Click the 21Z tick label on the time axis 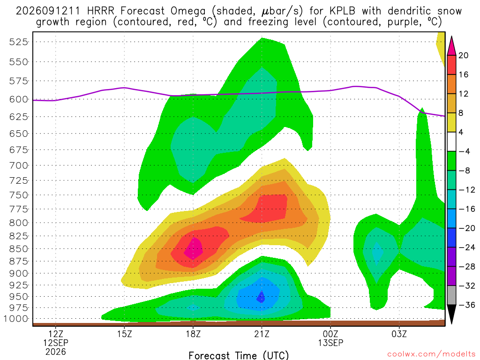click(x=262, y=334)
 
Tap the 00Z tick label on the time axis click(x=330, y=334)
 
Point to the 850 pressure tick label click(x=18, y=249)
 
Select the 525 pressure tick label click(x=18, y=42)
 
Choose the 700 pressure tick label click(x=18, y=165)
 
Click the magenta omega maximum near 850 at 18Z click(x=194, y=248)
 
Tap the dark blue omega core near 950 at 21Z click(x=261, y=297)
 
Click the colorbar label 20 click(x=463, y=55)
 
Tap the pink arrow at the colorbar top click(x=451, y=46)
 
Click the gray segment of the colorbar click(x=451, y=295)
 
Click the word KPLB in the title click(x=342, y=11)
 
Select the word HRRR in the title click(x=100, y=11)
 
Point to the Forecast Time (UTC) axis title click(x=239, y=355)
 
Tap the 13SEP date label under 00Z click(x=330, y=343)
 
